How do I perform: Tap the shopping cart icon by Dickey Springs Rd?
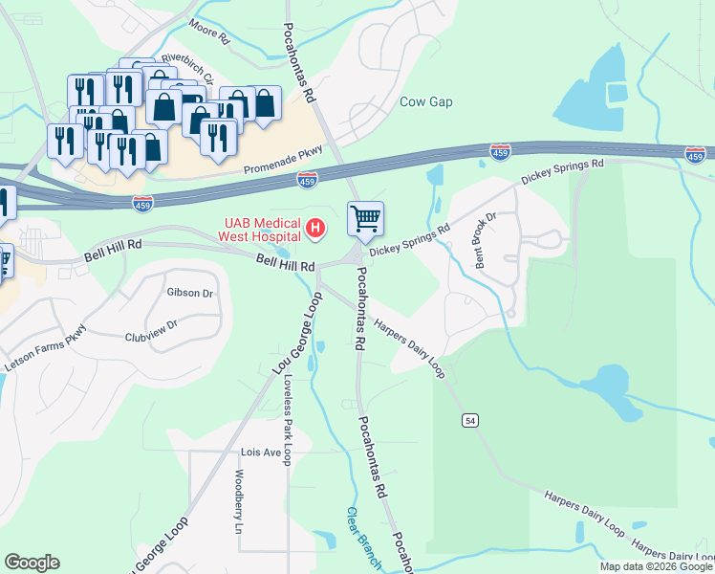click(366, 219)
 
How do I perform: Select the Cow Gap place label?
click(425, 101)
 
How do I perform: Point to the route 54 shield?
click(468, 420)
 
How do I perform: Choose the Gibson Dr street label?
click(188, 293)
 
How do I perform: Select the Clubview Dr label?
click(151, 331)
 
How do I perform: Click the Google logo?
click(32, 563)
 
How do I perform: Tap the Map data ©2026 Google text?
click(655, 566)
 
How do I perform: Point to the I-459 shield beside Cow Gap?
click(499, 151)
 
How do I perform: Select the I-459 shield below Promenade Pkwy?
click(307, 179)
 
